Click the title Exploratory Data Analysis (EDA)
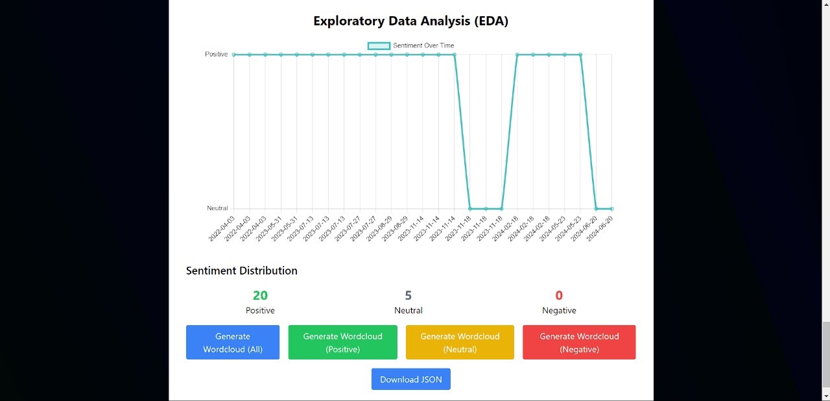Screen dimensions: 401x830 point(410,21)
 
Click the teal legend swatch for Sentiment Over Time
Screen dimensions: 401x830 point(379,45)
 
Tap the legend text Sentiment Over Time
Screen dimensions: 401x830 point(423,45)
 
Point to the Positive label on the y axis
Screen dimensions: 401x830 point(217,55)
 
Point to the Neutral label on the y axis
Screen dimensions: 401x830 point(217,208)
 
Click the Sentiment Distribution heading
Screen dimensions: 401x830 point(241,271)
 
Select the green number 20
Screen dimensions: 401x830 point(260,296)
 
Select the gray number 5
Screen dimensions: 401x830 point(408,296)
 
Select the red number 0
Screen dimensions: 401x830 point(559,296)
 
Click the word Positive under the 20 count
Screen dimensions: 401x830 point(260,311)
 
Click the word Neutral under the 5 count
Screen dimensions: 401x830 point(408,311)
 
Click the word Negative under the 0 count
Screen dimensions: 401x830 point(559,311)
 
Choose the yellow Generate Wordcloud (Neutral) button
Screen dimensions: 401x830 point(460,342)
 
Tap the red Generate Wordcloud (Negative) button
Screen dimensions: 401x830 point(579,342)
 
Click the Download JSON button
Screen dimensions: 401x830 point(410,380)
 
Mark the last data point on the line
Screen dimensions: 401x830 point(611,209)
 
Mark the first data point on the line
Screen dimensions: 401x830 point(234,55)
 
